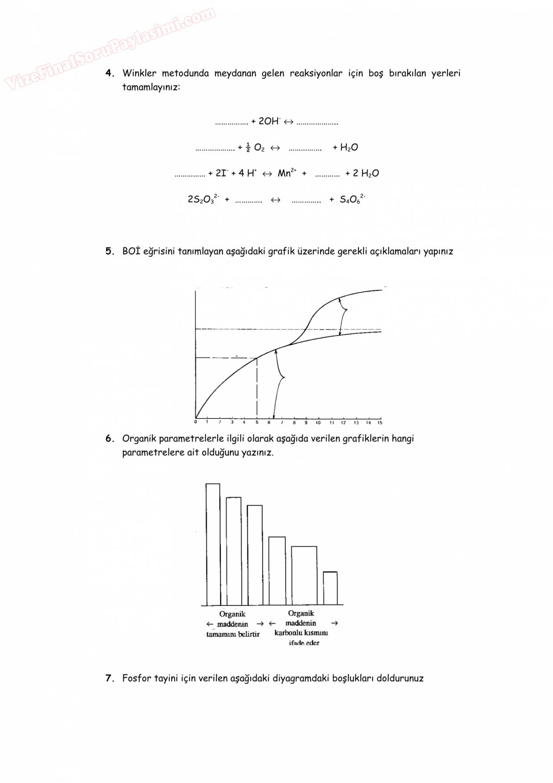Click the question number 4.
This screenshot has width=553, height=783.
click(109, 73)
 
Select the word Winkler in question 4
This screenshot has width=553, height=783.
click(139, 73)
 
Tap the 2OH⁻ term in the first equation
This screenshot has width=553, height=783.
click(269, 121)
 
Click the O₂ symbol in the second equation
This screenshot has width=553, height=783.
click(259, 148)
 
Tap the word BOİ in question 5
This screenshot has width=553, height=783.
click(131, 251)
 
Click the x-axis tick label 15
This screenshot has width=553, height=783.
click(380, 423)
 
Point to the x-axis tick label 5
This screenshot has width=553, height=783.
click(257, 423)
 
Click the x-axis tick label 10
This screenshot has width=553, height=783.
click(318, 423)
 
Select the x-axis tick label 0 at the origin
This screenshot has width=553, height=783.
click(196, 422)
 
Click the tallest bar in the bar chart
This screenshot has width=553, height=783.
click(213, 544)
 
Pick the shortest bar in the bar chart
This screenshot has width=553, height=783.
click(330, 588)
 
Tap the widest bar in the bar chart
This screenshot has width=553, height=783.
click(304, 576)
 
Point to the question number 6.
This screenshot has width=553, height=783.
click(109, 439)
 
